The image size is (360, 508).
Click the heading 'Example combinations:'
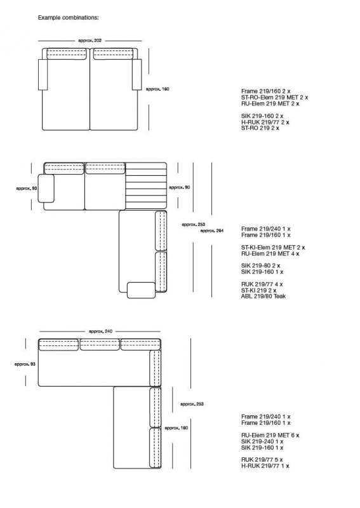[69, 18]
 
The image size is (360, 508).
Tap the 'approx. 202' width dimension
[90, 41]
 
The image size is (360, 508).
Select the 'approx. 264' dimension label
[211, 231]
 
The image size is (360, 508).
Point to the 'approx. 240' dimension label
[100, 331]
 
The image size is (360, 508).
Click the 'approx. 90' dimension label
[179, 187]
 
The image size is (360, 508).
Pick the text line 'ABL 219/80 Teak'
[263, 296]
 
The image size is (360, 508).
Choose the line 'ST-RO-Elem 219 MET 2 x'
[274, 98]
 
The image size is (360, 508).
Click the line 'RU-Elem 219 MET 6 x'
[270, 436]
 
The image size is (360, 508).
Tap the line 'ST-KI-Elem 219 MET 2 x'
[273, 248]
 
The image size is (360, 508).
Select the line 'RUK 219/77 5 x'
[262, 460]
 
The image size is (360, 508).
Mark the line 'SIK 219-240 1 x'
[262, 441]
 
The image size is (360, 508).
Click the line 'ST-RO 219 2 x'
[260, 128]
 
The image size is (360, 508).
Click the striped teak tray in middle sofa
[146, 186]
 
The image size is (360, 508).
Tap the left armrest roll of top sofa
[43, 74]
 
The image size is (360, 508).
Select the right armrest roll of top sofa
[137, 74]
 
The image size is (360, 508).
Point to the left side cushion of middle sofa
[46, 188]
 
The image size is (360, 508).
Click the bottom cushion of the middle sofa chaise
[142, 290]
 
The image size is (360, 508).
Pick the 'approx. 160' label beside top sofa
[157, 89]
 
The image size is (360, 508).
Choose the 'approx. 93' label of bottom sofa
[25, 364]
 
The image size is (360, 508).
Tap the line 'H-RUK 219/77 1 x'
[265, 466]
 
